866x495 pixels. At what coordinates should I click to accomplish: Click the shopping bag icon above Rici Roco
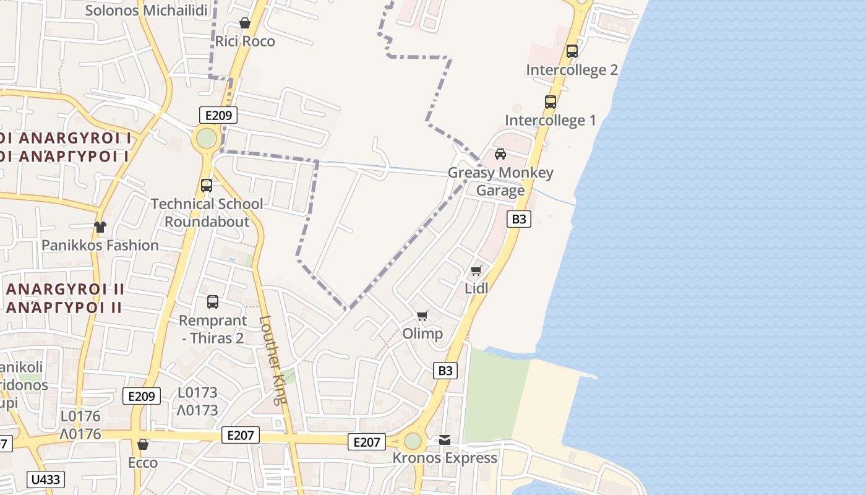(x=245, y=24)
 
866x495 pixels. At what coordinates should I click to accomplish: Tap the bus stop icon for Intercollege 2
(x=572, y=51)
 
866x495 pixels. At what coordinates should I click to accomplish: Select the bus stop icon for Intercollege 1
(x=551, y=102)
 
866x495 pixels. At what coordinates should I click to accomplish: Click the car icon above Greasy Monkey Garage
(x=500, y=154)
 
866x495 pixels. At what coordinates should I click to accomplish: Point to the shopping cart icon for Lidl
(x=476, y=270)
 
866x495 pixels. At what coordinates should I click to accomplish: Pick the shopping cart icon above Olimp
(x=422, y=316)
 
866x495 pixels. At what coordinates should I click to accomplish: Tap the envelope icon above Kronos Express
(x=445, y=440)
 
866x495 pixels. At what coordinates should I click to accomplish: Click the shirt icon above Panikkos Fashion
(x=100, y=227)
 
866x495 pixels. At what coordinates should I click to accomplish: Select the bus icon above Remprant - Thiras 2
(x=213, y=302)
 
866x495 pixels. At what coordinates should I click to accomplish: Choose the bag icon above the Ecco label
(x=143, y=444)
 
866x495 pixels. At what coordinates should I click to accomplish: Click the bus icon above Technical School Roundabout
(x=207, y=185)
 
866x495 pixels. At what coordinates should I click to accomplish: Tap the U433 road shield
(x=46, y=480)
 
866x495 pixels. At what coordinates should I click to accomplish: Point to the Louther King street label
(x=273, y=360)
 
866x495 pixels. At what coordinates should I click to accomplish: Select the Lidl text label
(x=476, y=288)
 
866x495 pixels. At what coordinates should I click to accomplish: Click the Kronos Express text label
(x=445, y=458)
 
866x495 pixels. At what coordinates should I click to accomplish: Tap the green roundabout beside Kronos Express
(x=413, y=441)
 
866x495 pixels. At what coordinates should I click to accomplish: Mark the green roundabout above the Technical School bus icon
(x=207, y=138)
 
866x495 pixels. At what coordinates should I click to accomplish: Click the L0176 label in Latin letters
(x=80, y=416)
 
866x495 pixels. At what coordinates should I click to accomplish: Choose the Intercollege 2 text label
(x=572, y=70)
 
